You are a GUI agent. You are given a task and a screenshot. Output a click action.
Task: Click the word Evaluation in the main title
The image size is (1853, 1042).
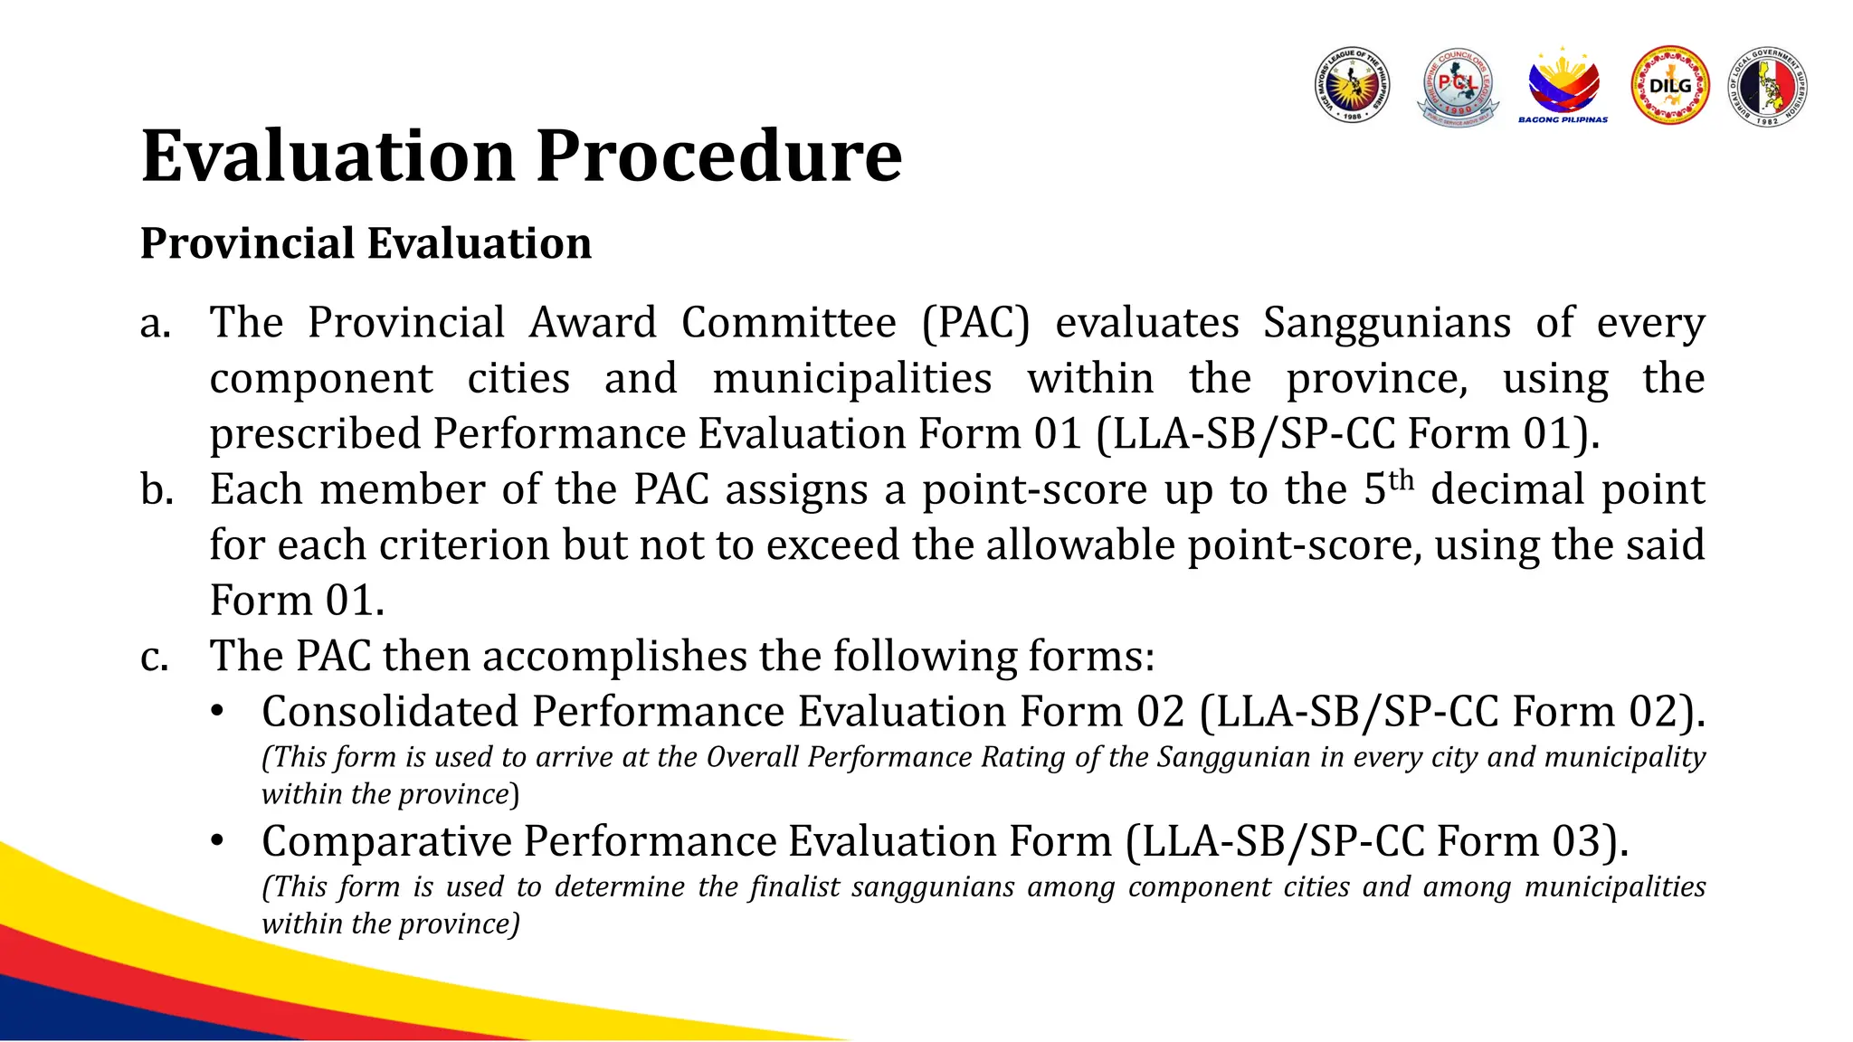[x=330, y=156]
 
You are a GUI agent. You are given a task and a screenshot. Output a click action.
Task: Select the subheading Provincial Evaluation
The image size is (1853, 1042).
[x=366, y=243]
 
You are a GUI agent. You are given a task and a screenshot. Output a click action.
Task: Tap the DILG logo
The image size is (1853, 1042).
[x=1669, y=86]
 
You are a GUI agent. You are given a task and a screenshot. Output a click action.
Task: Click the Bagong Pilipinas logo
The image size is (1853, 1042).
[x=1563, y=86]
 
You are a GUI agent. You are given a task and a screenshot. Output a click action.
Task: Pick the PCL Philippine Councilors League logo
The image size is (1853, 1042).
[x=1458, y=87]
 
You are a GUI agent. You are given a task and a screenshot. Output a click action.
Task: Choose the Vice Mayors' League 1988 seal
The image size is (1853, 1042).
[x=1352, y=86]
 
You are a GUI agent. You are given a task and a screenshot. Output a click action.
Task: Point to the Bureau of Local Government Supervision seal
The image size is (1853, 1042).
[x=1768, y=86]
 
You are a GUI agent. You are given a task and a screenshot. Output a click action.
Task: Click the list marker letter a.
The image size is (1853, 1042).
[x=155, y=324]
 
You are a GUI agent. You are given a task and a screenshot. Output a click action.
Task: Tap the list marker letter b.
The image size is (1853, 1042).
[x=156, y=490]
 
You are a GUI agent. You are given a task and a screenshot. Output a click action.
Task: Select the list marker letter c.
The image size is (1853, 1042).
[x=154, y=657]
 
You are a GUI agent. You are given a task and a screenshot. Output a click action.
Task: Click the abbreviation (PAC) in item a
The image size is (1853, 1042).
[x=975, y=324]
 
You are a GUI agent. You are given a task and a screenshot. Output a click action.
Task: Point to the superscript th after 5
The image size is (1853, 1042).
[x=1401, y=479]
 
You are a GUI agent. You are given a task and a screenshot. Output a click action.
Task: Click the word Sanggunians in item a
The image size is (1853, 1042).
[x=1386, y=324]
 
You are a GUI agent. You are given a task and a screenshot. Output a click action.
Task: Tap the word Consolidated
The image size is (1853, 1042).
[x=389, y=711]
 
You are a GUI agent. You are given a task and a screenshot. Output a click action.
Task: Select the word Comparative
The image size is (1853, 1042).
[x=385, y=841]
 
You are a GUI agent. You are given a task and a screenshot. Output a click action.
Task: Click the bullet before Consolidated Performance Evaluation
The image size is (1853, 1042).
[x=217, y=711]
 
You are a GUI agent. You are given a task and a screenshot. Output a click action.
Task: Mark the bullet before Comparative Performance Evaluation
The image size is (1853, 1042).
[x=217, y=841]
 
